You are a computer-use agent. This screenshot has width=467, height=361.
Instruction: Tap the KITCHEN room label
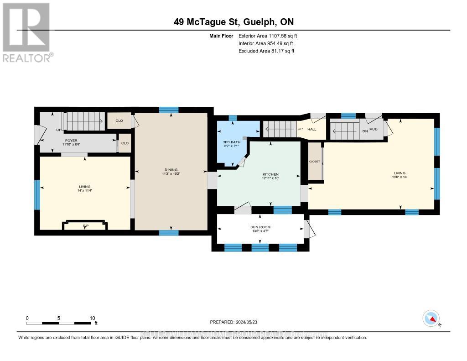(x=270, y=174)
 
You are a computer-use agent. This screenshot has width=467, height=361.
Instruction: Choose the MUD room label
(x=373, y=129)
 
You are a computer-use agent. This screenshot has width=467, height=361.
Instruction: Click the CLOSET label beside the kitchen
(x=315, y=161)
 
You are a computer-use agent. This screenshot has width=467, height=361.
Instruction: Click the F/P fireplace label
(x=85, y=225)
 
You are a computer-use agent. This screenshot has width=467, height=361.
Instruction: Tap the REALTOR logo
(x=26, y=32)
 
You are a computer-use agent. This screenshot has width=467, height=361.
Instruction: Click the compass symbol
(x=431, y=318)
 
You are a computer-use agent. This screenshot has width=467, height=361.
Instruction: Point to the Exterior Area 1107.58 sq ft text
(x=268, y=36)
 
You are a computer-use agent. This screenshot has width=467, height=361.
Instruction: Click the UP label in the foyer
(x=58, y=130)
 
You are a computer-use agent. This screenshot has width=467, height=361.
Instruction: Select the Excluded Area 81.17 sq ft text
(x=266, y=51)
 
